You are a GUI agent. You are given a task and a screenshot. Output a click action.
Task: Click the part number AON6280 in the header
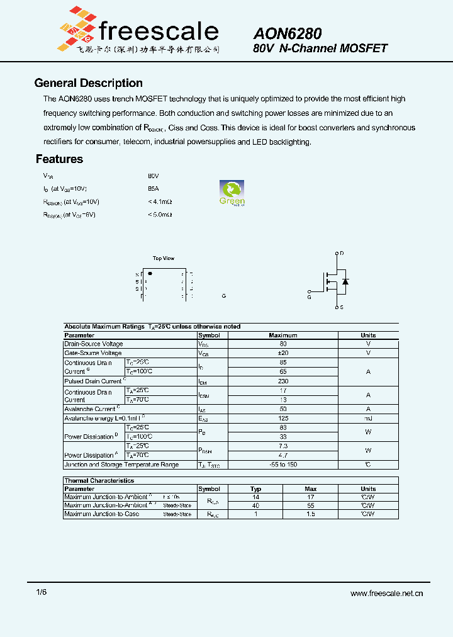coord(288,34)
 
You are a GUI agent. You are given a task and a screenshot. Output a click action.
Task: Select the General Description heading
coord(88,83)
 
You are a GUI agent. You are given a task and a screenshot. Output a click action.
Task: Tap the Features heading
coord(59,159)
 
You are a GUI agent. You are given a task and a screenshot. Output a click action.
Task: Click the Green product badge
coord(232,193)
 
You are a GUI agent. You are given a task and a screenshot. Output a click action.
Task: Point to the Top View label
coord(164,258)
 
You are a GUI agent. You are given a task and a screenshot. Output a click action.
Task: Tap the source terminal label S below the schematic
coord(342,308)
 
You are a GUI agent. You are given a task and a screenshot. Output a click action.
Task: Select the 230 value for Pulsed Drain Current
coord(282,381)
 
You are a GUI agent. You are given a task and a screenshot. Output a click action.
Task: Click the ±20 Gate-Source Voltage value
coord(282,353)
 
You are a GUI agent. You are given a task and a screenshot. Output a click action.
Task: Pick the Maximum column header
coord(282,335)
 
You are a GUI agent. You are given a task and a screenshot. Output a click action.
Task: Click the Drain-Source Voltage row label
coord(94,344)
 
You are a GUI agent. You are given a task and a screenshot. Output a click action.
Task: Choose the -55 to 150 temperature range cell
coord(282,465)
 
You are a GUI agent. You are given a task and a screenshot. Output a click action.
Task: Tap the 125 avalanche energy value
coord(282,418)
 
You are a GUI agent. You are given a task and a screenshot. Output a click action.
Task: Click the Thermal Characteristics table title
coord(99,480)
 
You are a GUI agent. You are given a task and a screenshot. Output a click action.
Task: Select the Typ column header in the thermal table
coord(255,488)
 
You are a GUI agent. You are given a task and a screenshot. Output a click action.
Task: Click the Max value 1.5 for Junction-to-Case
coord(311,514)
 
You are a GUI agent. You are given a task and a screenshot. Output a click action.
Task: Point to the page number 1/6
coord(41,592)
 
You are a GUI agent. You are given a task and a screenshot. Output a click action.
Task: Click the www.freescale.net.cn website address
coord(386,593)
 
